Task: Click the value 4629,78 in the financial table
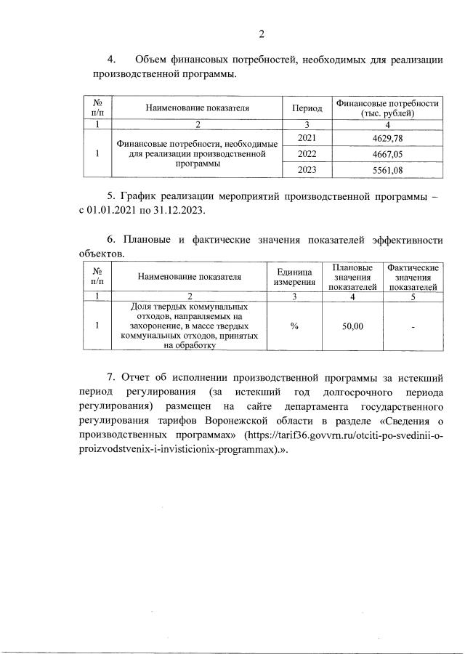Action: pos(387,138)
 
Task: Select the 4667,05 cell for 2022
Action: pos(387,154)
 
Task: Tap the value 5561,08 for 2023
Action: pos(387,170)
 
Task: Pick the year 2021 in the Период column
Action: pos(307,138)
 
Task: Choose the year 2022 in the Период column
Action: pos(307,154)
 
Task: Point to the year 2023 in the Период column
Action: pos(307,170)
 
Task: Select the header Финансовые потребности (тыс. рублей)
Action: pos(387,108)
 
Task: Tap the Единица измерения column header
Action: pos(294,276)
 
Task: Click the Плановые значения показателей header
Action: pos(352,278)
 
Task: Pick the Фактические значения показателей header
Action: pos(413,278)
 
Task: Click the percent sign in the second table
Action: pos(294,326)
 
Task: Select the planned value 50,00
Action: pos(352,326)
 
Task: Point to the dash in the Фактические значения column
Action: pos(413,327)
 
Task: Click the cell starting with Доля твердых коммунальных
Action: pos(189,326)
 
